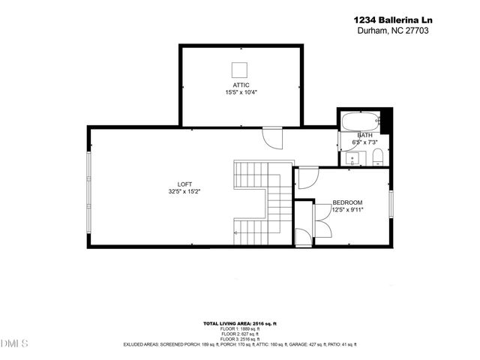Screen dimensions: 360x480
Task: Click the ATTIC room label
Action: pyautogui.click(x=240, y=85)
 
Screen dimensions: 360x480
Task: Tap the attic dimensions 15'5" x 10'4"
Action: pyautogui.click(x=240, y=92)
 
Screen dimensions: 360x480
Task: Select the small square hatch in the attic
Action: pyautogui.click(x=240, y=70)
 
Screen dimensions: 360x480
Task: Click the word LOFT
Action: pyautogui.click(x=184, y=184)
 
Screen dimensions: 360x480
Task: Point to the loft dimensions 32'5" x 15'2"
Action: pyautogui.click(x=184, y=192)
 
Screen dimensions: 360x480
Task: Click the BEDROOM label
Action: pyautogui.click(x=348, y=202)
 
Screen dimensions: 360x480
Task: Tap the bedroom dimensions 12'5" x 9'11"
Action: pyautogui.click(x=348, y=210)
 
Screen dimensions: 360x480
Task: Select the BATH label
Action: pyautogui.click(x=364, y=135)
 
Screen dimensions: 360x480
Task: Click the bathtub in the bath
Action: pyautogui.click(x=360, y=121)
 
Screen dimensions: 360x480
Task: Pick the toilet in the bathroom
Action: pyautogui.click(x=378, y=156)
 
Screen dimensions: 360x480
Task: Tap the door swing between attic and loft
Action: pyautogui.click(x=272, y=137)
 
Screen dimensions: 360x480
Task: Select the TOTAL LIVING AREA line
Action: pyautogui.click(x=240, y=323)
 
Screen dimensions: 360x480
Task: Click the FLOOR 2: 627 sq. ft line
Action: pyautogui.click(x=240, y=334)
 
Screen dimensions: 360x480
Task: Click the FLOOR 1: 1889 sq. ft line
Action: pyautogui.click(x=240, y=328)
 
